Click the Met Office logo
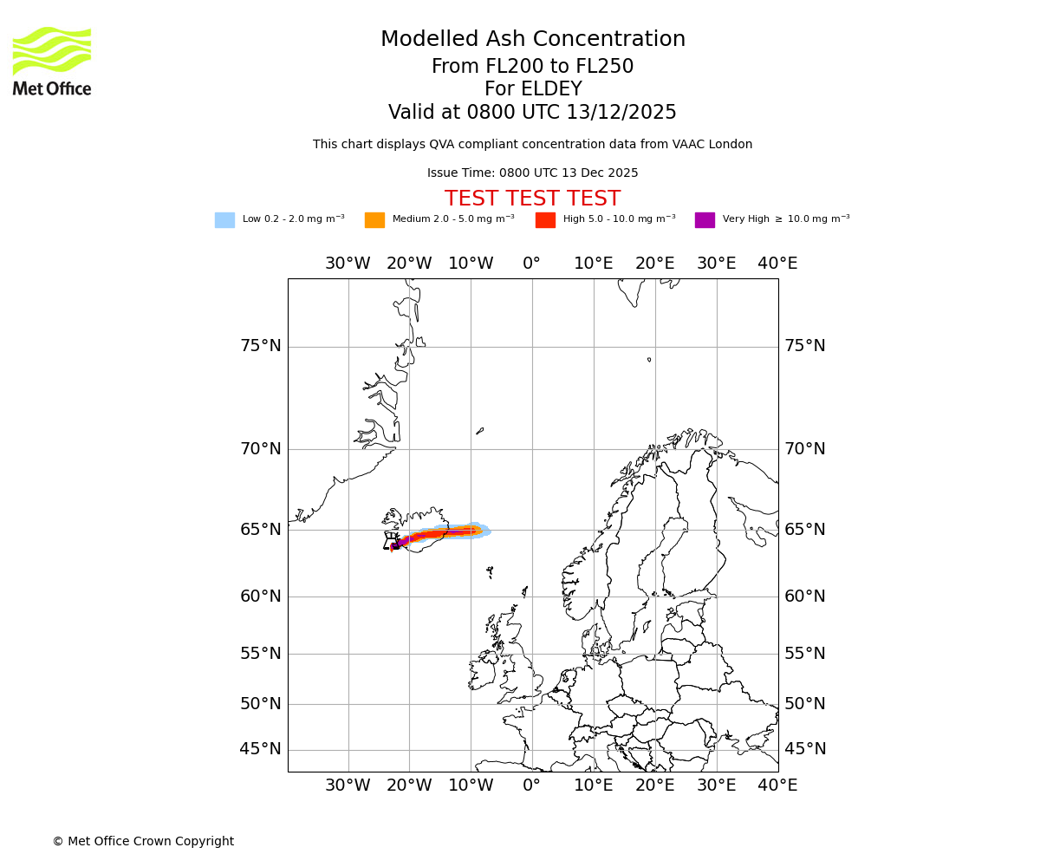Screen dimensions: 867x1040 (x=52, y=61)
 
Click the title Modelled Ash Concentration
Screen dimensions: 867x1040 (x=532, y=39)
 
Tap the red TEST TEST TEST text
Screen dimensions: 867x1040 (x=532, y=199)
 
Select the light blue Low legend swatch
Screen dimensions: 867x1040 (x=224, y=219)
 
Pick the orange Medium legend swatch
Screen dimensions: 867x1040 (x=374, y=219)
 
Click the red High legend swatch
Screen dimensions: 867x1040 (x=545, y=219)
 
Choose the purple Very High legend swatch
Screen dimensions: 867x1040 (x=705, y=219)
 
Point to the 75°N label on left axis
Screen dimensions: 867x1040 (x=260, y=346)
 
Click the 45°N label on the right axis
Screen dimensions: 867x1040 (x=804, y=749)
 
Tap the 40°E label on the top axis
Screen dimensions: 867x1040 (x=777, y=264)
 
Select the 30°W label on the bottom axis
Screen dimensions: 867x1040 (x=348, y=786)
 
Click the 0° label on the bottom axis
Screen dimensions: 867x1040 (x=531, y=786)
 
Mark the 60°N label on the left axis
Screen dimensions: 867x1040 (x=260, y=596)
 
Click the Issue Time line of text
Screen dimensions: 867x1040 (x=532, y=173)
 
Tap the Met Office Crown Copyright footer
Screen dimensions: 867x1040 (x=143, y=841)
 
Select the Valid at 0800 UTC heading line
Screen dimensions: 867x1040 (x=532, y=113)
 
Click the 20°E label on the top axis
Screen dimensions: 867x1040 (x=654, y=264)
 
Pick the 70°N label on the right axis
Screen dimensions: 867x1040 (x=804, y=449)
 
